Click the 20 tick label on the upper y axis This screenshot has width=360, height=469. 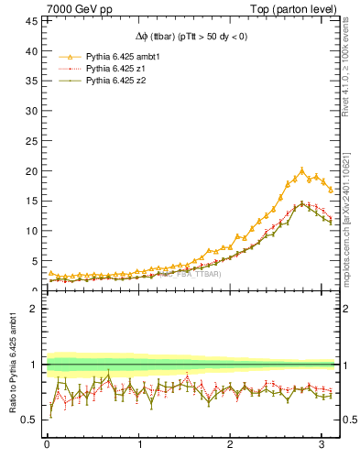[x=33, y=171]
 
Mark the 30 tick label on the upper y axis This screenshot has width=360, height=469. [x=33, y=112]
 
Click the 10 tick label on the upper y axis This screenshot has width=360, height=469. [x=33, y=231]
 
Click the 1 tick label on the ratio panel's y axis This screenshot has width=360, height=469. [x=36, y=365]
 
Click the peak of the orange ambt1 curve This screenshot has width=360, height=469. [x=301, y=169]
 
